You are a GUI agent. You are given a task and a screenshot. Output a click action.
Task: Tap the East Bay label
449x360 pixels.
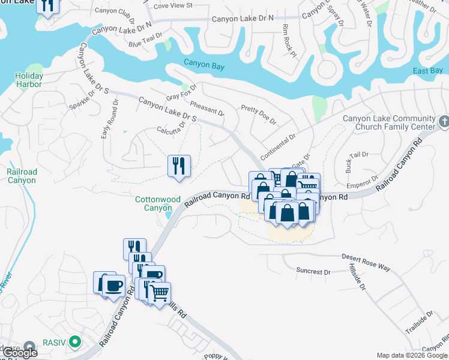click(428, 71)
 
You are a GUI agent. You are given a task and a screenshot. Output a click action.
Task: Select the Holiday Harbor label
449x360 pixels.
click(29, 80)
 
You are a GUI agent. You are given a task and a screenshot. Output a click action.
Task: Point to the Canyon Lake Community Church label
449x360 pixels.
click(388, 122)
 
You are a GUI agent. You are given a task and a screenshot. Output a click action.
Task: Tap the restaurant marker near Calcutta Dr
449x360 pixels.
click(178, 166)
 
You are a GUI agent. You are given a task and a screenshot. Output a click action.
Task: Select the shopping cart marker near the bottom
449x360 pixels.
click(159, 294)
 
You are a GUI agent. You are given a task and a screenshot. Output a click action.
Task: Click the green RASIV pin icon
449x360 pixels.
click(74, 343)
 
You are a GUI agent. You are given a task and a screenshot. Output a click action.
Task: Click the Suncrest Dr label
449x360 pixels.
click(313, 271)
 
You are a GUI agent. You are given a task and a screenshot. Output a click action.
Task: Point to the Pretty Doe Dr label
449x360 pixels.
click(258, 114)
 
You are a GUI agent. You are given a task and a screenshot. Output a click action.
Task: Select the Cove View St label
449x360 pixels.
click(173, 5)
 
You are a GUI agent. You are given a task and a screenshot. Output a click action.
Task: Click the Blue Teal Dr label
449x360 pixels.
click(145, 40)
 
